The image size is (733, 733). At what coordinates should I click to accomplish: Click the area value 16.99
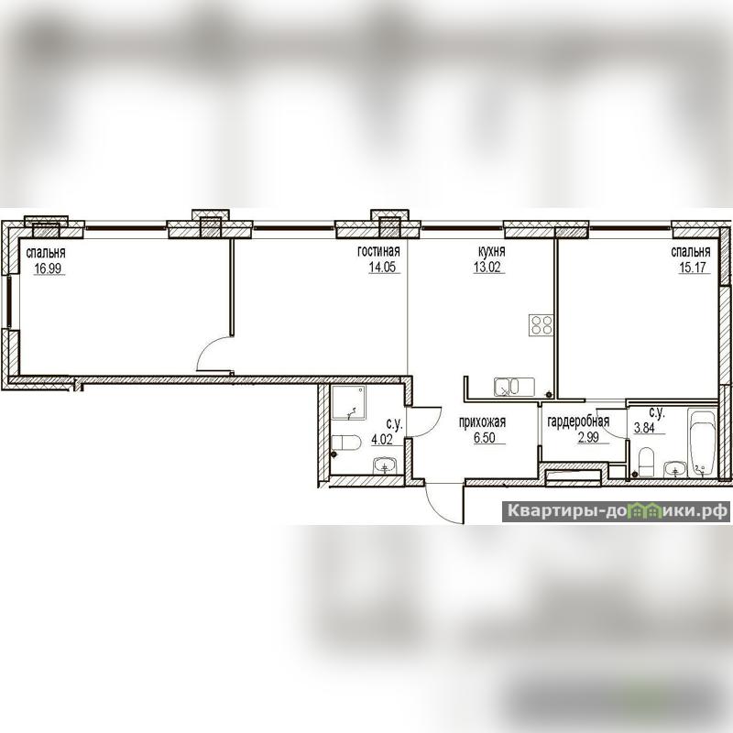[x=48, y=268]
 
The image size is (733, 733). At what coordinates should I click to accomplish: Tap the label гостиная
[x=378, y=251]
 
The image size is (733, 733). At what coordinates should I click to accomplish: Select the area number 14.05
[x=382, y=268]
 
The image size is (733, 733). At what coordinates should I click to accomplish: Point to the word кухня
[x=492, y=251]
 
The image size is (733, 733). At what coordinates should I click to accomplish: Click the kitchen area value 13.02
[x=487, y=268]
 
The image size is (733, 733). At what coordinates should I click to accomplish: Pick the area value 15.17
[x=693, y=268]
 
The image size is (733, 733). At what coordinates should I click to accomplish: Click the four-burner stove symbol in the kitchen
[x=542, y=325]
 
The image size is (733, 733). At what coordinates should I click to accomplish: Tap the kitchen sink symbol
[x=514, y=387]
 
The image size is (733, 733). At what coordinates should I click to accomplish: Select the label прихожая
[x=483, y=422]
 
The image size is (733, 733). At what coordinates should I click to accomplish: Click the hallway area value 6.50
[x=485, y=438]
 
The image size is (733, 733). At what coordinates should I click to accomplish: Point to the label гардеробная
[x=578, y=421]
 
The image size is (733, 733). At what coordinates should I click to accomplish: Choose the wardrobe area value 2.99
[x=588, y=438]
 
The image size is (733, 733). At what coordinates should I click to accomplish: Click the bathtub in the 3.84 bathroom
[x=703, y=443]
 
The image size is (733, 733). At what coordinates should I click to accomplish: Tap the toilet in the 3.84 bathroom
[x=646, y=462]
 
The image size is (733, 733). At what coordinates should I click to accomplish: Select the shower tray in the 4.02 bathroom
[x=349, y=403]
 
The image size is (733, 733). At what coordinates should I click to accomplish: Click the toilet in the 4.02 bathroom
[x=346, y=443]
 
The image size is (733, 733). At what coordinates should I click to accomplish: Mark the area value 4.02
[x=382, y=440]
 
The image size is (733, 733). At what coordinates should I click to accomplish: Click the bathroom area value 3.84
[x=644, y=428]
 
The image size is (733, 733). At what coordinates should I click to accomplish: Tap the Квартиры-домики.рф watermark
[x=616, y=511]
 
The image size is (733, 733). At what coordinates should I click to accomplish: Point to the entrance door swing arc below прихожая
[x=433, y=509]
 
